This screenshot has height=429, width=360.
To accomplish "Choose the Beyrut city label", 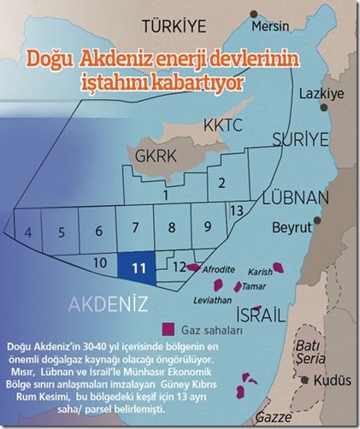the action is pyautogui.click(x=293, y=229).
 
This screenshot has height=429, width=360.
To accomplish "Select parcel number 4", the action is pyautogui.click(x=28, y=231).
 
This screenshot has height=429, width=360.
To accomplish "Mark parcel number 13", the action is pyautogui.click(x=237, y=209).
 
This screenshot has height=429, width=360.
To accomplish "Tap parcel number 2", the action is pyautogui.click(x=221, y=181).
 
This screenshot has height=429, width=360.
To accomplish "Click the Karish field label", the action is pyautogui.click(x=258, y=270).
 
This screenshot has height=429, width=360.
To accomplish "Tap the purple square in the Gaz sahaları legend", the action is pyautogui.click(x=169, y=328).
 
